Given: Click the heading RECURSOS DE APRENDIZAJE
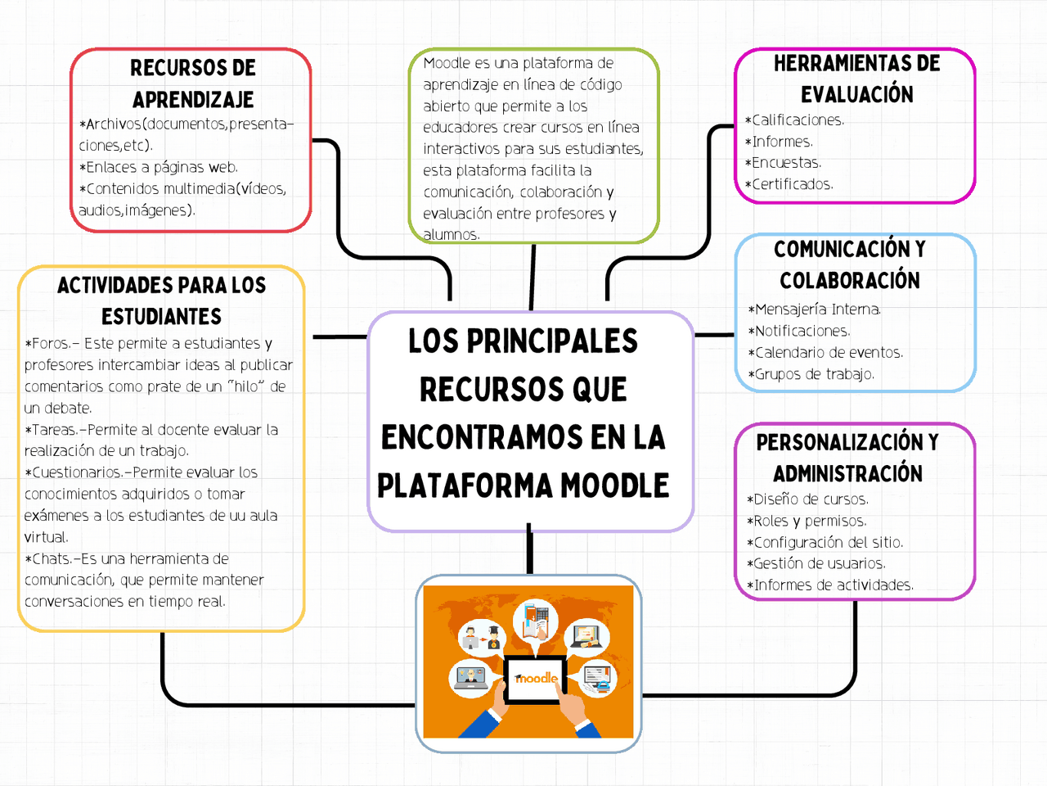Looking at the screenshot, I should pyautogui.click(x=193, y=84).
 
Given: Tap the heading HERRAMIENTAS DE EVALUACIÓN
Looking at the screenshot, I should pyautogui.click(x=856, y=79).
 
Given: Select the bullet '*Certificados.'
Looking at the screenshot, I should pyautogui.click(x=789, y=184).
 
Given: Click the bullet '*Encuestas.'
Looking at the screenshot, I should pyautogui.click(x=783, y=163).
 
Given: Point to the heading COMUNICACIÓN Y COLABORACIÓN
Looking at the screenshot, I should pyautogui.click(x=850, y=264).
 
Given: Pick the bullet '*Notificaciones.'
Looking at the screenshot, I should pyautogui.click(x=799, y=331).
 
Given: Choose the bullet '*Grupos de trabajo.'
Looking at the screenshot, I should pyautogui.click(x=811, y=374).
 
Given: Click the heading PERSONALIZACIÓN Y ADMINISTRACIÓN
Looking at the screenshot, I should pyautogui.click(x=847, y=458).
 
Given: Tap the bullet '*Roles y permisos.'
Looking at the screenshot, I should pyautogui.click(x=807, y=521).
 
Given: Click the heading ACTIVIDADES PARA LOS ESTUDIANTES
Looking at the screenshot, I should pyautogui.click(x=162, y=300).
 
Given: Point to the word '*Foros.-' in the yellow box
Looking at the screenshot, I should pyautogui.click(x=52, y=344).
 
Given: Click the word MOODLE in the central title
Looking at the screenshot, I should pyautogui.click(x=615, y=486).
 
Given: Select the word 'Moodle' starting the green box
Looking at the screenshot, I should pyautogui.click(x=447, y=63).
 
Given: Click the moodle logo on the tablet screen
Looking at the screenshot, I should pyautogui.click(x=536, y=679).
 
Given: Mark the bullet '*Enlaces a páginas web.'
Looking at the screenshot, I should pyautogui.click(x=159, y=167).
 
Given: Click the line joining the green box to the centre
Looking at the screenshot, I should pyautogui.click(x=532, y=277).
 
